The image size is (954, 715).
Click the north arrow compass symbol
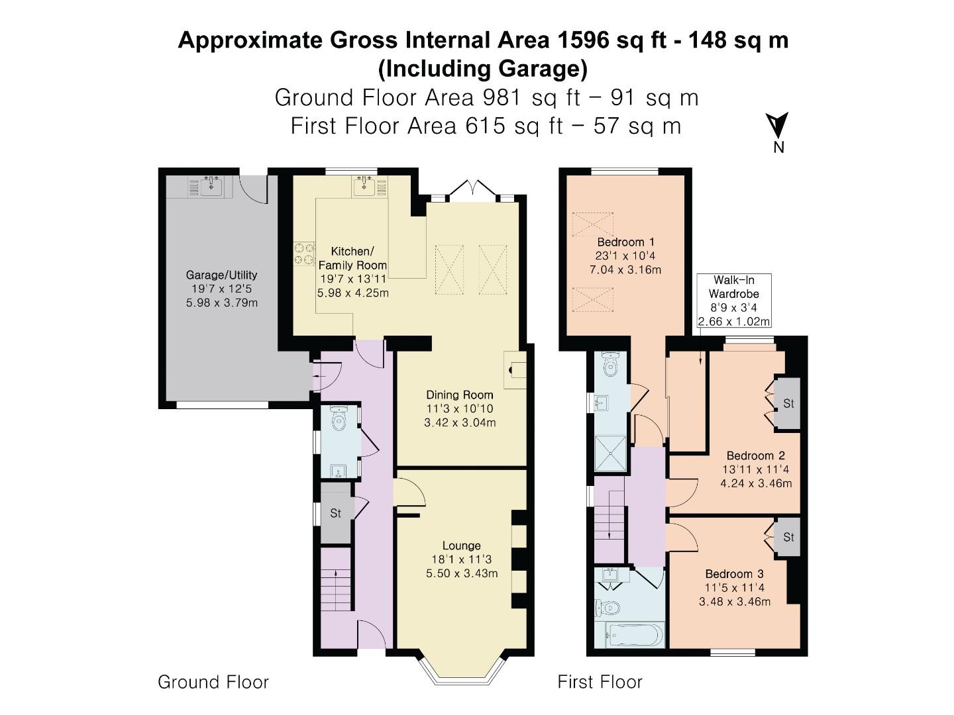click(778, 126)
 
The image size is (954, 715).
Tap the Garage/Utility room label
click(221, 275)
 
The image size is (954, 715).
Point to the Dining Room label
click(460, 395)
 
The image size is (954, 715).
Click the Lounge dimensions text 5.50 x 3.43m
click(462, 573)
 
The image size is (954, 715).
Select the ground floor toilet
click(340, 419)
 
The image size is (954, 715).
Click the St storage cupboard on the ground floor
click(336, 513)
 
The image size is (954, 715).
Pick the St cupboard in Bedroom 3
click(788, 537)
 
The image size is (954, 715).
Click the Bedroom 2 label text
click(755, 455)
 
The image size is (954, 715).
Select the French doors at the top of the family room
click(472, 191)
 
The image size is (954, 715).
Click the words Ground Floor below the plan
click(213, 682)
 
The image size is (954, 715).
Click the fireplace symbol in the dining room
click(515, 369)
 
